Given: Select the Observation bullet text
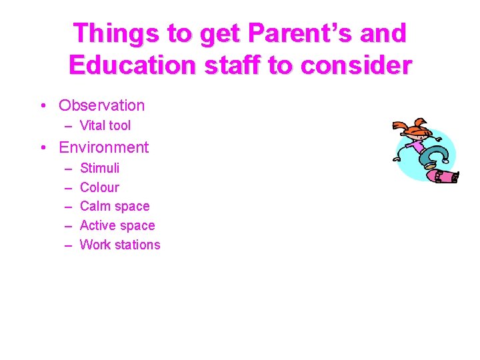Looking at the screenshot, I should click(x=101, y=105).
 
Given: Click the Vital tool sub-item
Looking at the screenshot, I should click(x=105, y=125).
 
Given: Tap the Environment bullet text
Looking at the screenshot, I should click(x=104, y=147).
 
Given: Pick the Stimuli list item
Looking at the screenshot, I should click(x=99, y=168).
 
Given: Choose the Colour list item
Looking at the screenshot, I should click(x=99, y=187).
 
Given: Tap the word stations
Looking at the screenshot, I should click(x=138, y=245).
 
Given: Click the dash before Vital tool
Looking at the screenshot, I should click(x=69, y=126).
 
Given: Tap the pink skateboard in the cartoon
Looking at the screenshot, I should click(x=441, y=176).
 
